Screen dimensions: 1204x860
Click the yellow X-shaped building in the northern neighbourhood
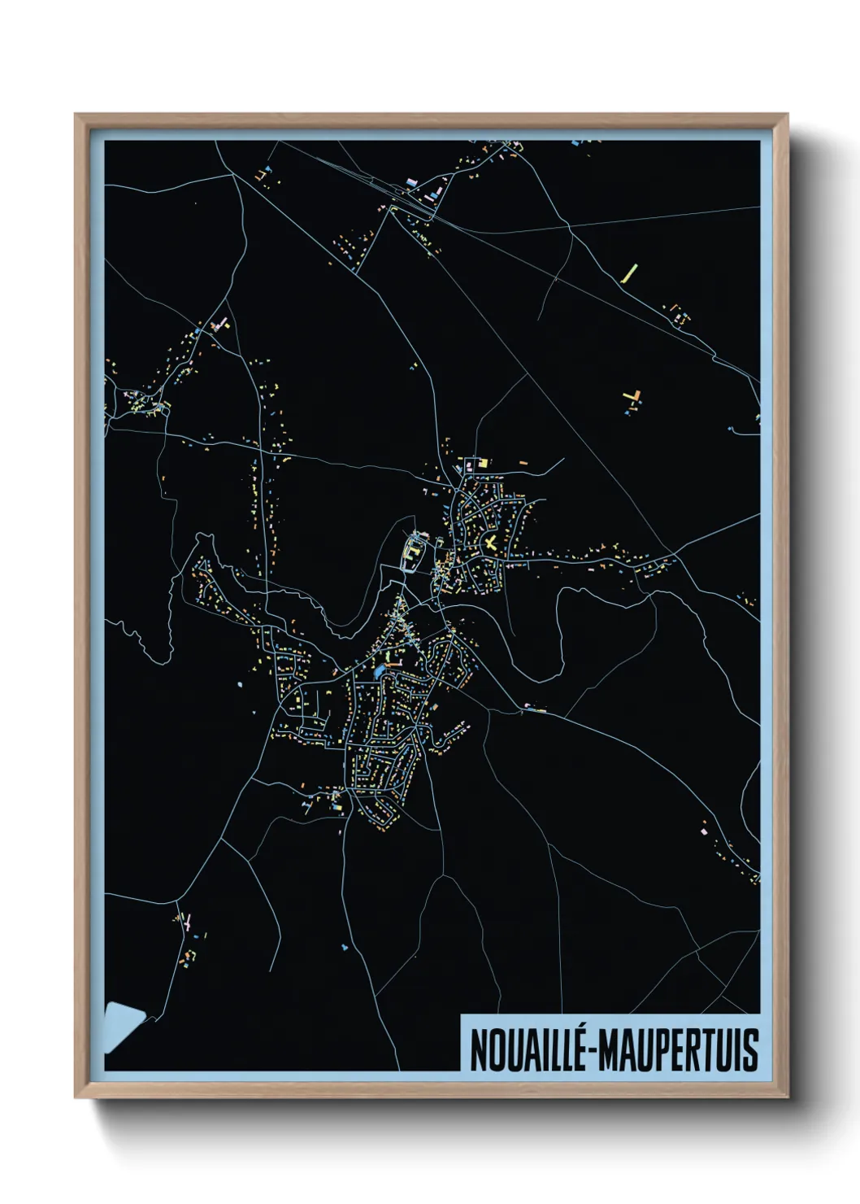point(490,543)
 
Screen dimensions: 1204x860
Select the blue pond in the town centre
point(380,672)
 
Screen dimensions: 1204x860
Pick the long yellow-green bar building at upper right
point(629,273)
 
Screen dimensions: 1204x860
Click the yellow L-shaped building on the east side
point(633,397)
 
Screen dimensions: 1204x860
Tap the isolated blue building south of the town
point(345,947)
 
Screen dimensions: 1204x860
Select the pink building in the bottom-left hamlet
point(189,923)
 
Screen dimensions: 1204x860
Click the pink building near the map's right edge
point(703,831)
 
